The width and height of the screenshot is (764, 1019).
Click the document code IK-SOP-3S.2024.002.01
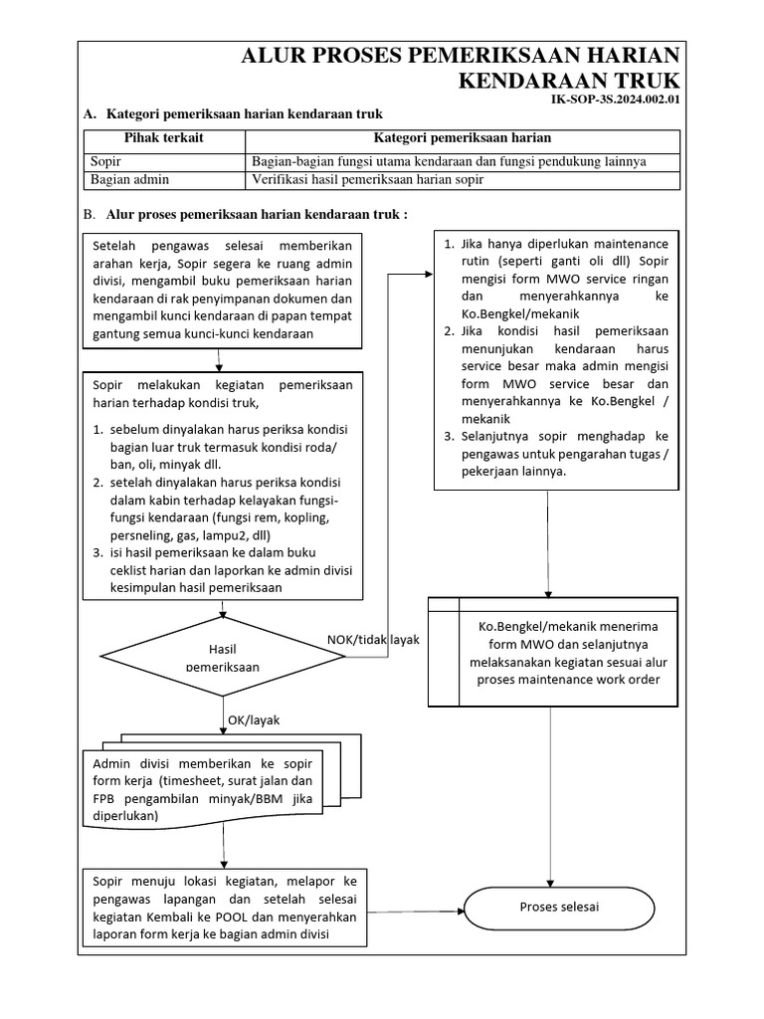pyautogui.click(x=615, y=100)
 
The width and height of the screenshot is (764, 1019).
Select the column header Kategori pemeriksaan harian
pyautogui.click(x=462, y=138)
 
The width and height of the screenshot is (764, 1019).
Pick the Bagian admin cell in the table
pyautogui.click(x=129, y=179)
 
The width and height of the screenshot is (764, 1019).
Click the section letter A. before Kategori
pyautogui.click(x=90, y=115)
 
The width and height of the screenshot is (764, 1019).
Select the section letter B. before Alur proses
pyautogui.click(x=90, y=214)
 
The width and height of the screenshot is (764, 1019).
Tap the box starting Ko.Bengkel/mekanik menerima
pyautogui.click(x=553, y=652)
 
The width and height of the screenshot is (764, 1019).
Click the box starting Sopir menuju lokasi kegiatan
pyautogui.click(x=224, y=909)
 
